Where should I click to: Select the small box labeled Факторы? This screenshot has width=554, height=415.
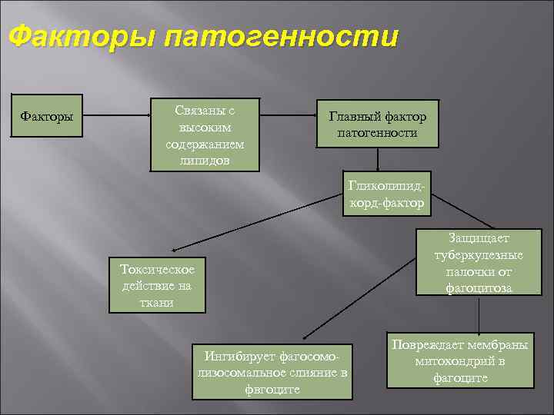click(x=47, y=117)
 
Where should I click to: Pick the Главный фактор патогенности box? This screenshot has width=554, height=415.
click(x=377, y=124)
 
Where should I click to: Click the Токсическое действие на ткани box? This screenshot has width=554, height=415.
click(x=157, y=285)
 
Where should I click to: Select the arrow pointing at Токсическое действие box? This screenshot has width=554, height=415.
click(x=254, y=223)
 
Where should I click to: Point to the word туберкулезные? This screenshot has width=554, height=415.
click(x=477, y=255)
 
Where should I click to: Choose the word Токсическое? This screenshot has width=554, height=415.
click(x=157, y=269)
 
